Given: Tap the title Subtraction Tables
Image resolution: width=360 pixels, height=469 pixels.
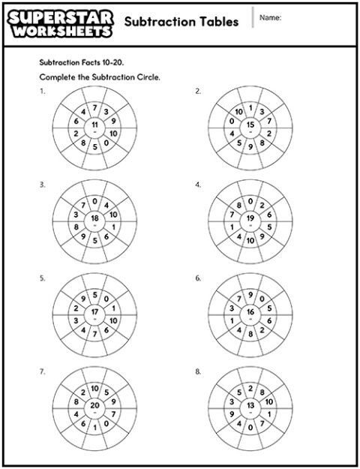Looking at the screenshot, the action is coord(181,22).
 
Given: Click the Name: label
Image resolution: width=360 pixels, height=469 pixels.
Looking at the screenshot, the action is coord(271,18).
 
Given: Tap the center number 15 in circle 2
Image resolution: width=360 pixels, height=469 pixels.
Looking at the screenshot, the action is coord(250,124).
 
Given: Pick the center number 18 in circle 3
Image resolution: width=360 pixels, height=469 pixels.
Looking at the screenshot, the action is coord(94,218).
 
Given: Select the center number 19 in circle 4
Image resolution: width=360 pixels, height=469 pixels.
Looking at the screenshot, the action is coord(250,218).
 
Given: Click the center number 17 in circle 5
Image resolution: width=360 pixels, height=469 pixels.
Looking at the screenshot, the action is coord(94,311).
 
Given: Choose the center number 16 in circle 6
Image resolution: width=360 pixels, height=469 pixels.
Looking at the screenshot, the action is coord(250,311).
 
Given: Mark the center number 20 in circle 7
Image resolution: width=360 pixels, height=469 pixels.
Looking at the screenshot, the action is coord(94,405).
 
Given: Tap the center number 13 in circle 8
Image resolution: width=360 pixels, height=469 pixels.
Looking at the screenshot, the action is coord(250,405).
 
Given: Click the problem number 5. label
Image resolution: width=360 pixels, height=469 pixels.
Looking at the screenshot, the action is coord(42,278).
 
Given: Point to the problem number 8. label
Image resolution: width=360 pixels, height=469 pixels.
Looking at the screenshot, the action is coord(198,371).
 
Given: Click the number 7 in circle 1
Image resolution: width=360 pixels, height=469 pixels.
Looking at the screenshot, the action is coord(95,107).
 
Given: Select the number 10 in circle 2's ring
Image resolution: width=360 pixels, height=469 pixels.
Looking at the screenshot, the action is coord(238,112).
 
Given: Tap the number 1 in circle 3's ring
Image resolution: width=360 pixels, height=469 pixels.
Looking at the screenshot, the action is coord(113,227).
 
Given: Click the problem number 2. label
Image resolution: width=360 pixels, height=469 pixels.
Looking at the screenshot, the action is coord(198,91).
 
